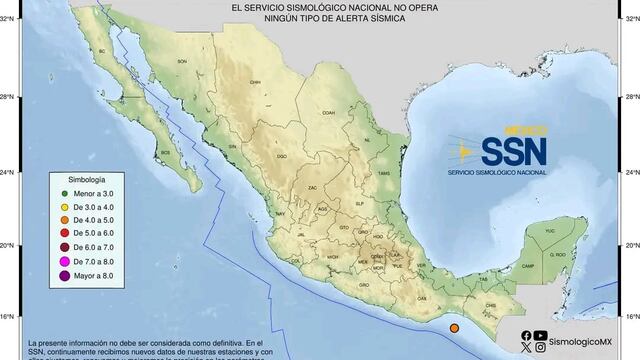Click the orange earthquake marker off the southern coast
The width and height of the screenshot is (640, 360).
(455, 327)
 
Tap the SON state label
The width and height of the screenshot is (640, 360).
(182, 61)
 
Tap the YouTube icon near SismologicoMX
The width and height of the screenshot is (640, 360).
(541, 335)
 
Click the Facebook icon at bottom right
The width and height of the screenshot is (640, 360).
(526, 335)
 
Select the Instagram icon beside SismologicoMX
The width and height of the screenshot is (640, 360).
(541, 348)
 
